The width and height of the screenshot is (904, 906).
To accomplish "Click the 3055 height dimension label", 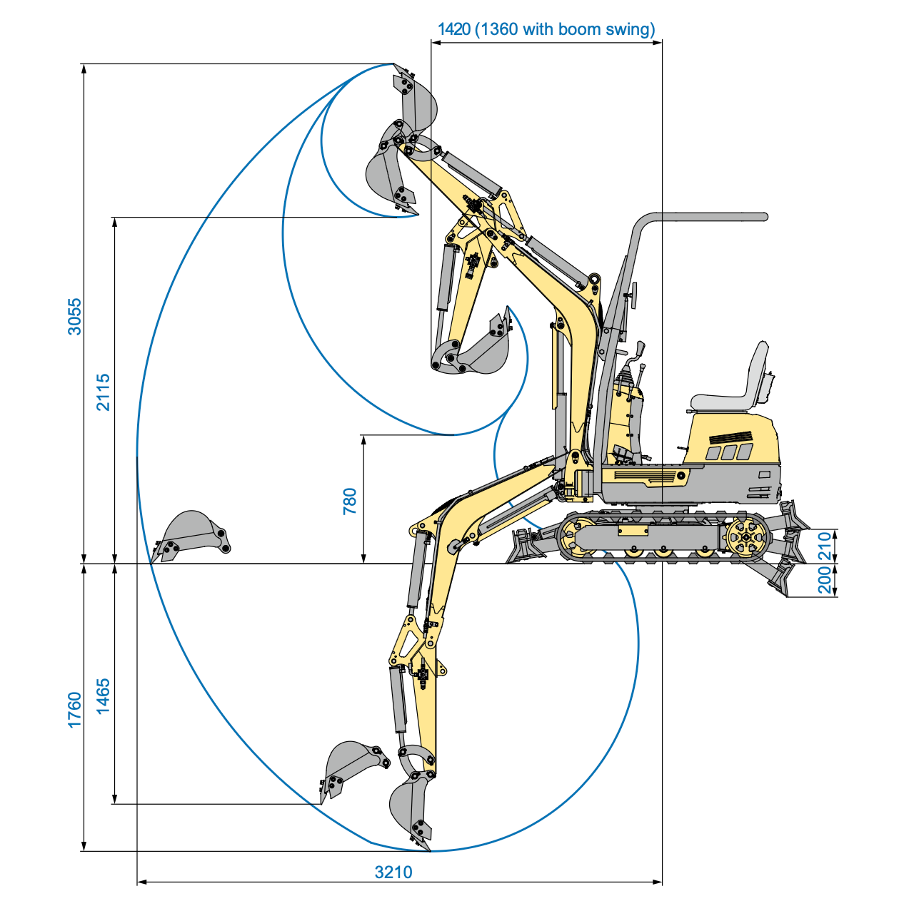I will tap(75, 316).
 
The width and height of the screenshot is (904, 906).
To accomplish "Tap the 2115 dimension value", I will tap(104, 392).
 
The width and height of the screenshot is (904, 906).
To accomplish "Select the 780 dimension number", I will tap(349, 501).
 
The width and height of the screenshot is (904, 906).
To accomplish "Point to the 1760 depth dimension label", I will tap(75, 710).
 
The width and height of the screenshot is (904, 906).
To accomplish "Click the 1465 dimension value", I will tap(104, 696).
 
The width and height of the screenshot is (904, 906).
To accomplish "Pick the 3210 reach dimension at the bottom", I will tap(393, 872).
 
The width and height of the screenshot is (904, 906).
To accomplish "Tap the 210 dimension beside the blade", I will tap(825, 546).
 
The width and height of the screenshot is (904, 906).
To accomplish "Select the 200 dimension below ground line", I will tap(825, 579).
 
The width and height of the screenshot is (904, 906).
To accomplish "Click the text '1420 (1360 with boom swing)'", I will tap(546, 29).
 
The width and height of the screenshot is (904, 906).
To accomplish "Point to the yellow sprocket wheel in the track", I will tap(747, 536).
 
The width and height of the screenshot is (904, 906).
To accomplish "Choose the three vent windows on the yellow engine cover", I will tap(729, 452).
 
